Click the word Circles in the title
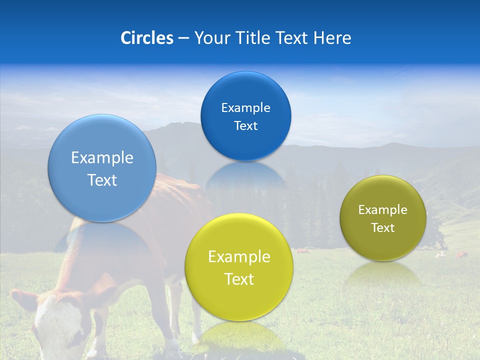[x=146, y=38]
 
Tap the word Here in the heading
[x=332, y=38]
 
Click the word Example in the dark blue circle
[x=246, y=107]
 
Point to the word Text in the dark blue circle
[x=246, y=125]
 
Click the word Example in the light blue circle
[x=102, y=158]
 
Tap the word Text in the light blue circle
[x=102, y=180]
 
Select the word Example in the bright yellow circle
[x=239, y=257]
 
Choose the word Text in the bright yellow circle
[x=239, y=279]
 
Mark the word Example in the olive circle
[x=383, y=209]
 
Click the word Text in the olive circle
[x=383, y=227]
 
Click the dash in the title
[x=183, y=38]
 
